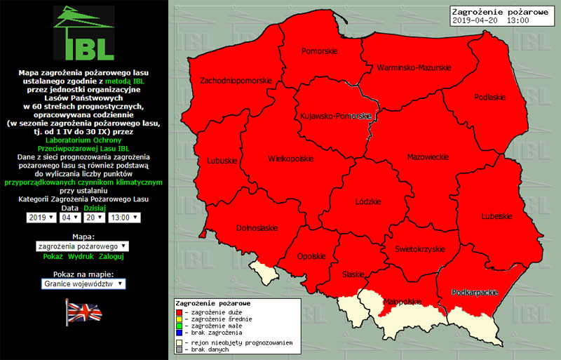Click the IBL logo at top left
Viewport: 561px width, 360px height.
(x=83, y=33)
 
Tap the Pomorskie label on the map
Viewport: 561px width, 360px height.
(x=319, y=51)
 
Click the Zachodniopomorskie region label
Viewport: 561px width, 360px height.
(x=236, y=81)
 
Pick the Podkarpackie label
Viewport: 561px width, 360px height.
(x=469, y=291)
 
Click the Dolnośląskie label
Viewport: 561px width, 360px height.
(x=257, y=227)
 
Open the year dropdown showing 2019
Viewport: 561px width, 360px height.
(x=41, y=218)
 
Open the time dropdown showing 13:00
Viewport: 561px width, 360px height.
(x=124, y=218)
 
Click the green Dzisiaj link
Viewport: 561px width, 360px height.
(x=94, y=208)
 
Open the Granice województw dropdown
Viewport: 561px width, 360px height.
(x=83, y=284)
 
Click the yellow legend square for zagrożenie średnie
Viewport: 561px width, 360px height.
(x=179, y=319)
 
